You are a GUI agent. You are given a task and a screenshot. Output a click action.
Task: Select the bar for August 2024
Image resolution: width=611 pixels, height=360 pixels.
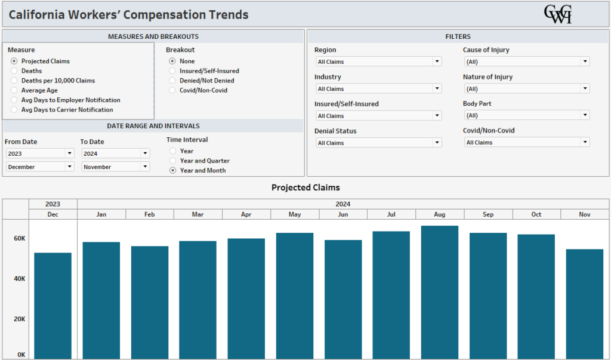pos(439,292)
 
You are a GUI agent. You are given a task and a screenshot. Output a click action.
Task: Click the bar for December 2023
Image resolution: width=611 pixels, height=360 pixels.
pos(53,305)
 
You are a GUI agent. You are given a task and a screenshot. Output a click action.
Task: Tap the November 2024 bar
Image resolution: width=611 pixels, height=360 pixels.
pos(584,303)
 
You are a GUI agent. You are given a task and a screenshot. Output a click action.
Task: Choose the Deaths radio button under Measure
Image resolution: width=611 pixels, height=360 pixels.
pos(14,71)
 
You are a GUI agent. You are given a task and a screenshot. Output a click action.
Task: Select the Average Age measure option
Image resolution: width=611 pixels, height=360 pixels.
pos(14,90)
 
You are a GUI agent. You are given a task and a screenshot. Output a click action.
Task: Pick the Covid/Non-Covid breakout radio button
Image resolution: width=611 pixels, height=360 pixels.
pos(172,90)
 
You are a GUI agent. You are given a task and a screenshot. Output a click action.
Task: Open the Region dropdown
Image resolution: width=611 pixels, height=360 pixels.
pos(378,61)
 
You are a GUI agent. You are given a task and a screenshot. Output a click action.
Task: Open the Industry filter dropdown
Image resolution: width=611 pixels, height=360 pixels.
pos(378,89)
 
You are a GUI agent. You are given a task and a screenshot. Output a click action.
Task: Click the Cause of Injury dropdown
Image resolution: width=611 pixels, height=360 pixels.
pos(526,61)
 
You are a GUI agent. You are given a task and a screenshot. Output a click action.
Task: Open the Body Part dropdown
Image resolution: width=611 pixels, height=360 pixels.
pos(526,115)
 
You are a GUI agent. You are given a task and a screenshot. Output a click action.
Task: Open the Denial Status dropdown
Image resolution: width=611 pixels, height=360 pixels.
pos(378,143)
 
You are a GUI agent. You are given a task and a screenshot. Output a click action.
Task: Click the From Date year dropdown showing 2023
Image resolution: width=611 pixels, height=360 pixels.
pos(40,153)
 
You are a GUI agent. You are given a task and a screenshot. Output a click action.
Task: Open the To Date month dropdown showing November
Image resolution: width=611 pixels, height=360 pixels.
pos(116,167)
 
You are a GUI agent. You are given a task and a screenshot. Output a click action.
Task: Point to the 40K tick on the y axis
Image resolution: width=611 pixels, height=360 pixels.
pos(20,279)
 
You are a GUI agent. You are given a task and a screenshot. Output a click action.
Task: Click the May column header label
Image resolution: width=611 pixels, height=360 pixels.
pos(295,214)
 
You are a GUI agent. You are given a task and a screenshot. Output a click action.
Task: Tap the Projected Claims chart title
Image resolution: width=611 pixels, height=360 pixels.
pos(305,187)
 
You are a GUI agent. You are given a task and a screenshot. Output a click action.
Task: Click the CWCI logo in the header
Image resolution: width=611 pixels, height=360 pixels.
pos(557,14)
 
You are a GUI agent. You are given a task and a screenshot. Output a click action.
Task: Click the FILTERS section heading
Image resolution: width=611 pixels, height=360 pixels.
pos(458,36)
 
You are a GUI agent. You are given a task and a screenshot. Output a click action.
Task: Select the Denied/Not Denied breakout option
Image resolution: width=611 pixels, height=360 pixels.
pos(172,81)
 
